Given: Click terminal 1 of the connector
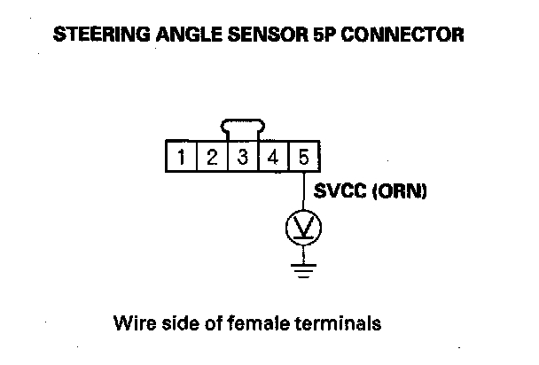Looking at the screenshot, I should click(182, 159).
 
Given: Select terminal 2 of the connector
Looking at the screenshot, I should click(212, 159).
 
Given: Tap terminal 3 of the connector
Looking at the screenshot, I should click(242, 159).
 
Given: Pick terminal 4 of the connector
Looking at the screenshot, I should click(273, 159).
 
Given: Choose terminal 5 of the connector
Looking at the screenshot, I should click(303, 159).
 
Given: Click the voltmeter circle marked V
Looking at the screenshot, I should click(303, 231).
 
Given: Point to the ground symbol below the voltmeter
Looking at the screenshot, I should click(303, 268).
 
